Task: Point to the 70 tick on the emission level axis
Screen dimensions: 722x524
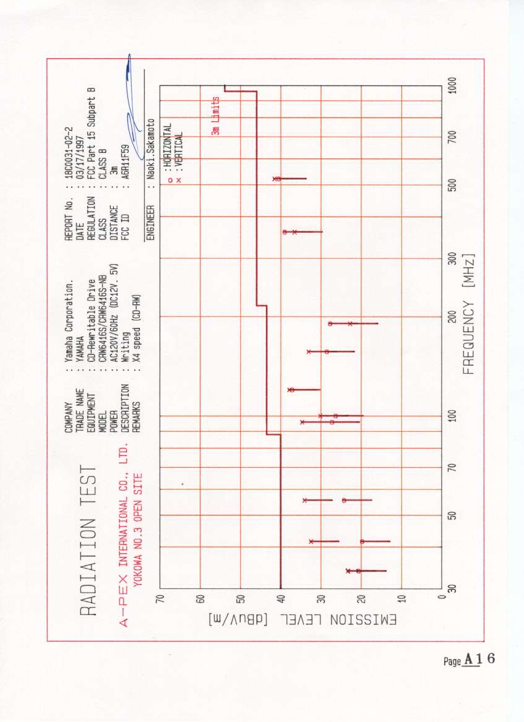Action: coord(160,599)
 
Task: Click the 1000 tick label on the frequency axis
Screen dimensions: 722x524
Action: coord(452,85)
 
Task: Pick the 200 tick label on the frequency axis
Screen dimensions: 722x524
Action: coord(452,316)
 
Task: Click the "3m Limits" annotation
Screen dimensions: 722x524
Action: coord(215,116)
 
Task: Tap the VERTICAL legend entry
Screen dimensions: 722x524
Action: coord(179,147)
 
